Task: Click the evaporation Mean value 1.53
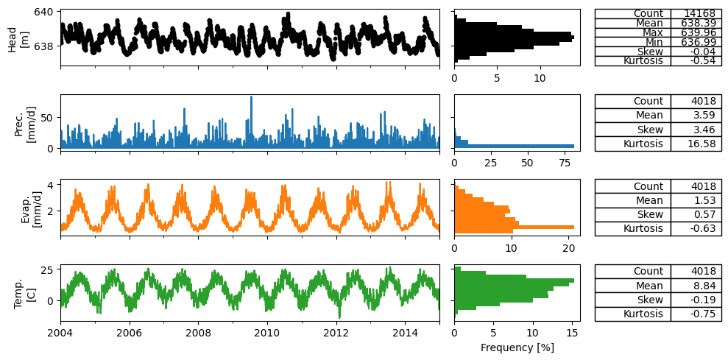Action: pos(707,201)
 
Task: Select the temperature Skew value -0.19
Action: pos(705,300)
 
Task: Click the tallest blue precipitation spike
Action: pos(251,121)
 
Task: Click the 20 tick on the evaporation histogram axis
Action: pos(569,249)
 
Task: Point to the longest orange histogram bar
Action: pos(515,227)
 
